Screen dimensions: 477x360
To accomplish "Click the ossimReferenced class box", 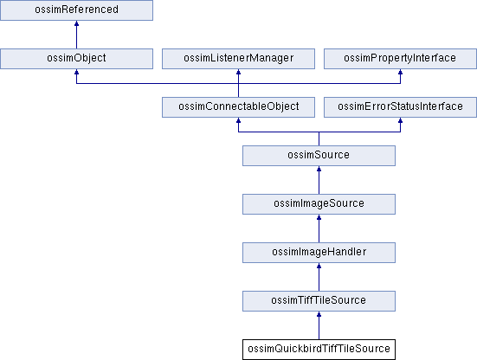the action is (76, 10).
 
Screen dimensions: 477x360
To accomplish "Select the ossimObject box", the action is (76, 59).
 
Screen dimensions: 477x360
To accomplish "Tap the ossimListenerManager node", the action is (239, 59).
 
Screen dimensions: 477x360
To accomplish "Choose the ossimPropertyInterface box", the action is (400, 59).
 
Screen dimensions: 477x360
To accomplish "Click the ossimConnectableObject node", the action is (239, 107).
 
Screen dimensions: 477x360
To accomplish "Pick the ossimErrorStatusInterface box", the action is (400, 107).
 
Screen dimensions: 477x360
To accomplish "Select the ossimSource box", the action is (319, 156).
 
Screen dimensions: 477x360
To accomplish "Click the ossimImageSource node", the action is (319, 204).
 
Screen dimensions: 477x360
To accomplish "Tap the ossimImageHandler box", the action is (319, 253).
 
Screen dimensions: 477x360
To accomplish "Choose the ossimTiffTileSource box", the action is (319, 301).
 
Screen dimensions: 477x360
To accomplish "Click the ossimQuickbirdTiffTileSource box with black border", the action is (319, 350).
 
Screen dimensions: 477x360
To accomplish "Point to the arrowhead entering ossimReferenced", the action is (76, 23).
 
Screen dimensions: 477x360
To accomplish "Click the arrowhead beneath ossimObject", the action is (76, 72).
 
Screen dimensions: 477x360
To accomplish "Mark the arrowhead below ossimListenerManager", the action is (239, 72).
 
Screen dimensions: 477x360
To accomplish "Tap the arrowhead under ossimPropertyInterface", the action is (400, 72).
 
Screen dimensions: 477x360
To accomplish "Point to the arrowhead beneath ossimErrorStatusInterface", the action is (400, 120).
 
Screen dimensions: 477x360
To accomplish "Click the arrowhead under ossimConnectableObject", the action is (239, 120).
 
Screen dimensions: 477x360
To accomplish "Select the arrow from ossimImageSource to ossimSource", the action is (319, 180).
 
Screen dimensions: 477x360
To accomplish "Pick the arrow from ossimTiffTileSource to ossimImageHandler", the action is (319, 277).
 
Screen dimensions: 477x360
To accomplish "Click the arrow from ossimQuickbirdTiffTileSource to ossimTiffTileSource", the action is (319, 325).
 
